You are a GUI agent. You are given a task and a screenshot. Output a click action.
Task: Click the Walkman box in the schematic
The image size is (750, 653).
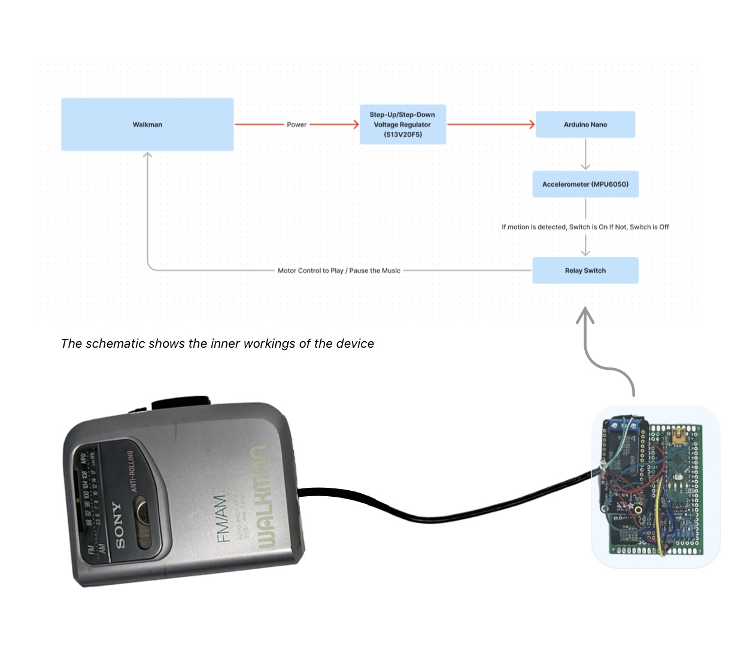point(147,124)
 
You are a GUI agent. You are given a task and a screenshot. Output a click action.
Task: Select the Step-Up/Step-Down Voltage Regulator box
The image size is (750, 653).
point(402,124)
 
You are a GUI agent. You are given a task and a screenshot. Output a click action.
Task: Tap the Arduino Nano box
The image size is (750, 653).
point(585,124)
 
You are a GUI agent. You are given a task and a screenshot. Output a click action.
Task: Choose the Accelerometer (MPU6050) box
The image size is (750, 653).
point(585,184)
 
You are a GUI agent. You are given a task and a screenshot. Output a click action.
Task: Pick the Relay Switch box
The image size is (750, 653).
point(585,271)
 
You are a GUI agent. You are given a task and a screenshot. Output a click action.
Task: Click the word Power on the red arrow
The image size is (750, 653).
point(296,124)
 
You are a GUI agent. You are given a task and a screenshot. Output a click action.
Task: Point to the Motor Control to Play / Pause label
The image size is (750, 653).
point(339,271)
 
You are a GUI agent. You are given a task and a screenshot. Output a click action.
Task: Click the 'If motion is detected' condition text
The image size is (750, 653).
point(585,227)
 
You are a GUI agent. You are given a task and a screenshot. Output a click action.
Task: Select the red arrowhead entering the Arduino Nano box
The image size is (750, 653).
point(531,124)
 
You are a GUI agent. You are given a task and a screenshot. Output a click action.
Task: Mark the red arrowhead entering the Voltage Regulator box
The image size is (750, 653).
point(356,124)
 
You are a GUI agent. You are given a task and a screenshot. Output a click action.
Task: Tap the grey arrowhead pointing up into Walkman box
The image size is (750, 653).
point(147,156)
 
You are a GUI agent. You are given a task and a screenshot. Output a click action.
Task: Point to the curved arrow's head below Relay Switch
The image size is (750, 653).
point(585,314)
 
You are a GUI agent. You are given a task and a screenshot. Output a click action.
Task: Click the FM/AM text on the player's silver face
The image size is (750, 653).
point(221,518)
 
